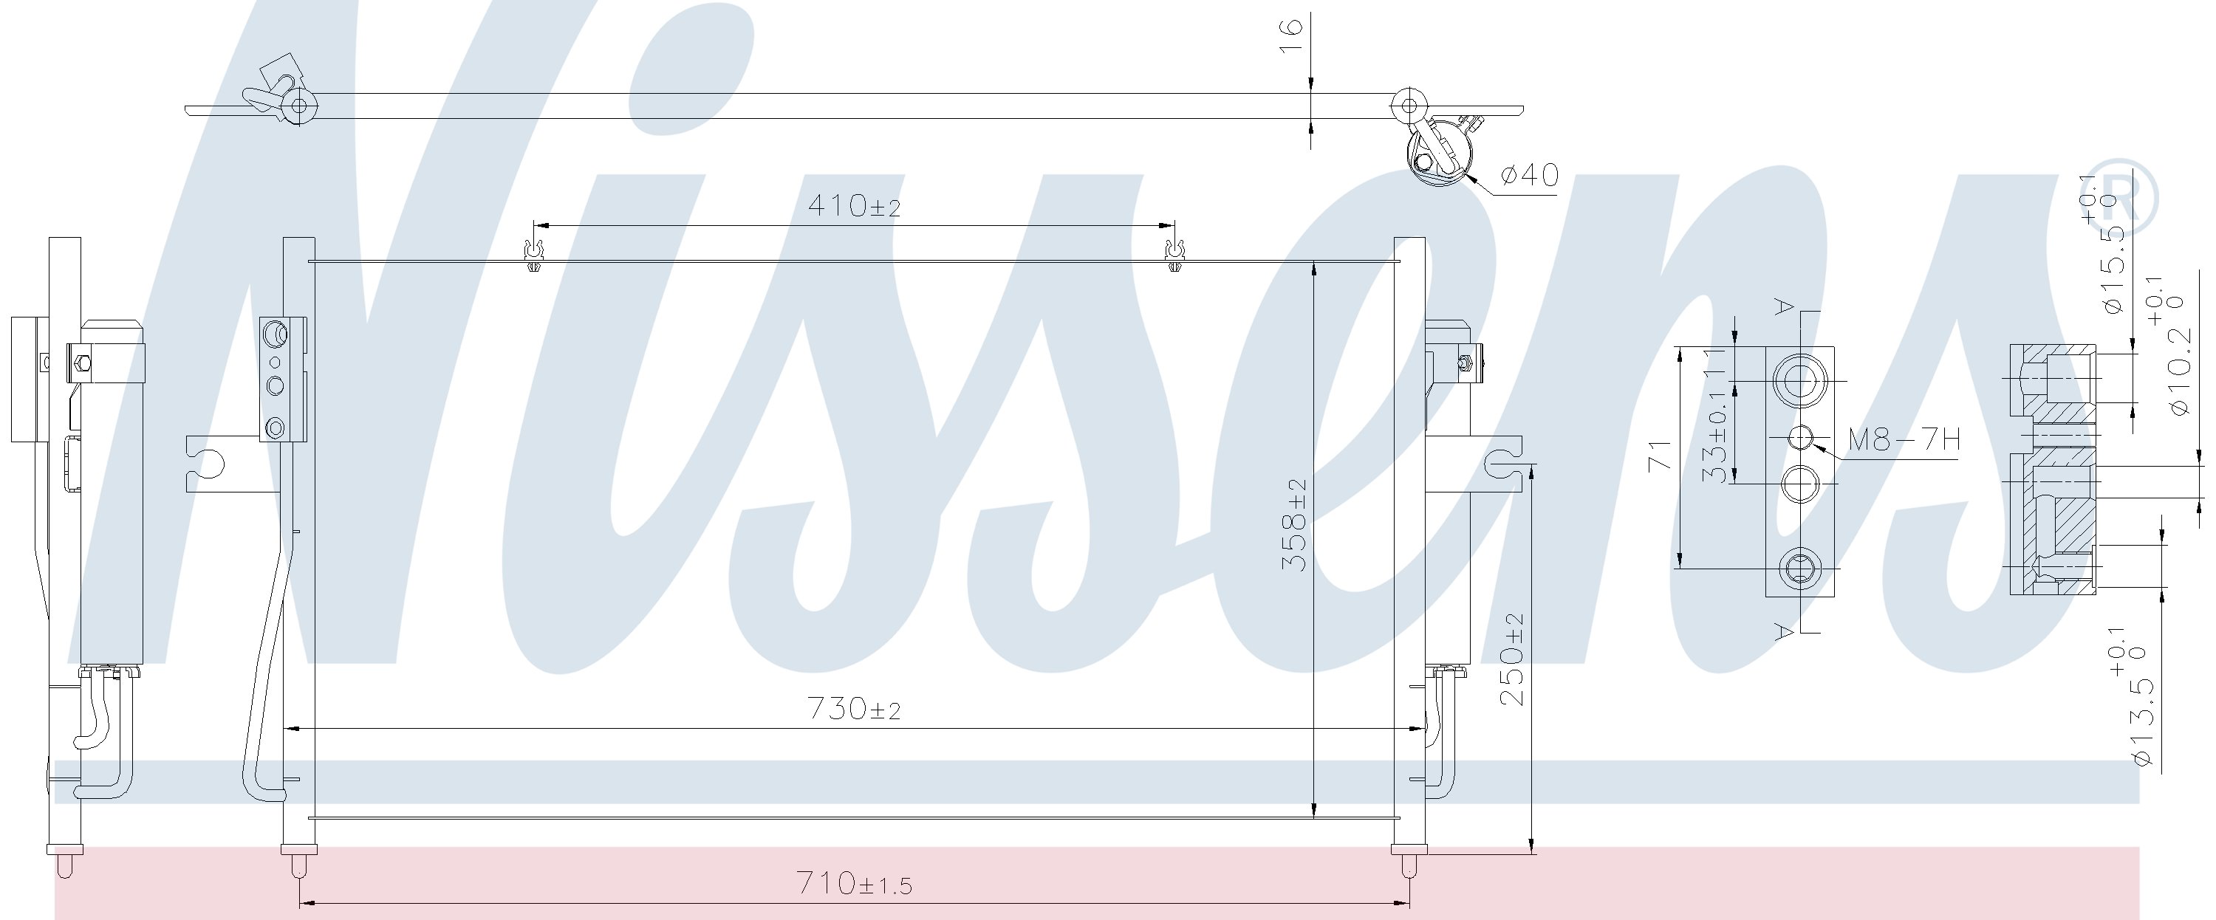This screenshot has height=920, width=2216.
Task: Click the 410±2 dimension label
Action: [x=853, y=206]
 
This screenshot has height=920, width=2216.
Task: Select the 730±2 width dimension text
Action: [x=853, y=710]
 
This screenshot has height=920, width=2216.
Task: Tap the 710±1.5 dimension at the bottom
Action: [x=853, y=884]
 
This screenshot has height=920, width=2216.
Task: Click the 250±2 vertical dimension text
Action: [x=1511, y=659]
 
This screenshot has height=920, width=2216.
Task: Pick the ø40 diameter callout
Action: [x=1528, y=176]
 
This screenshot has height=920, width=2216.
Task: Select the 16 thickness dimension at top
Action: [x=1292, y=36]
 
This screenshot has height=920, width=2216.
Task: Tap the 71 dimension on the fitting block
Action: [x=1660, y=456]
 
